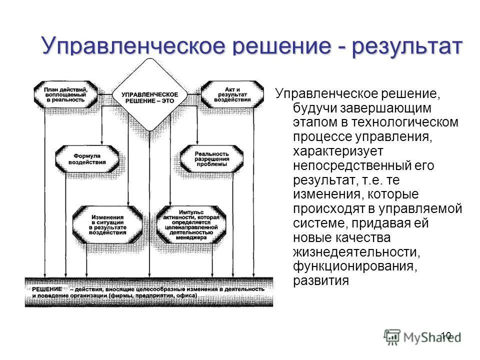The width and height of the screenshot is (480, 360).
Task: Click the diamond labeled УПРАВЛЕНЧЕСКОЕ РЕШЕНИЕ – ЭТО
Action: tap(149, 95)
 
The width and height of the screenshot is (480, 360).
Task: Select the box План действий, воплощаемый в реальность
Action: tap(65, 93)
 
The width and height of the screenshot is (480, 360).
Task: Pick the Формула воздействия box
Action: tap(87, 158)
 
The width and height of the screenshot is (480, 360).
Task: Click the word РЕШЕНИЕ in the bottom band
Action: tap(47, 289)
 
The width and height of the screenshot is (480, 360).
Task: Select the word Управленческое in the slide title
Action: tap(135, 46)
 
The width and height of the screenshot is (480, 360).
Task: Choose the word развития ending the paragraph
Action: tap(320, 280)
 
